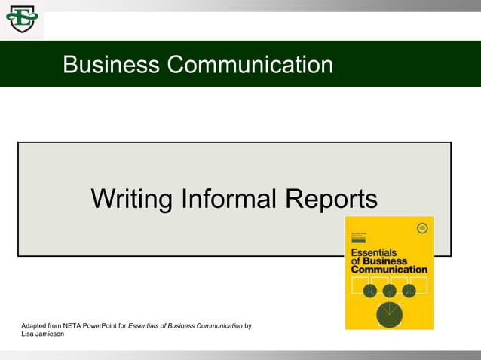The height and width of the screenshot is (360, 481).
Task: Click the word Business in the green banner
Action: tap(111, 65)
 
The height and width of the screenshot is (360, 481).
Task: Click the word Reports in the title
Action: tap(331, 199)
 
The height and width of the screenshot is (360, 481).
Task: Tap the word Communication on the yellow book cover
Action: tap(389, 269)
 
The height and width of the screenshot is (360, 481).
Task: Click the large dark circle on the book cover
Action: tap(389, 314)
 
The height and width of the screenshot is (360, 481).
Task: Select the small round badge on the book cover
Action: tap(422, 228)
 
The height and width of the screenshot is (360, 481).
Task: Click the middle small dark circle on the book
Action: tap(390, 291)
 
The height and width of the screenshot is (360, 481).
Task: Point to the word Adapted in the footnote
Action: tap(35, 326)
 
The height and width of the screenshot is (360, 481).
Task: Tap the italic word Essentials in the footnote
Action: tap(146, 326)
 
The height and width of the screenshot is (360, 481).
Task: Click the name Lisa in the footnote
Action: tap(28, 334)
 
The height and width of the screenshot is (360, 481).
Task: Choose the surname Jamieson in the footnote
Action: tap(50, 334)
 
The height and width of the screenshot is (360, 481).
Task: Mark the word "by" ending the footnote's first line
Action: tap(248, 326)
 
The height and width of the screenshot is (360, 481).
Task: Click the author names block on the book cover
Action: tap(359, 236)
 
